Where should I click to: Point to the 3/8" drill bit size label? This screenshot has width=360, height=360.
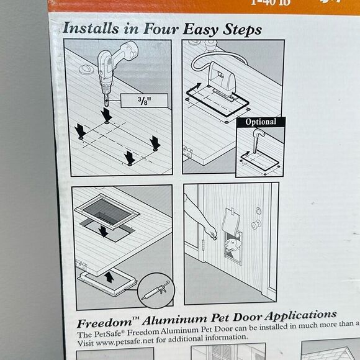point(144,99)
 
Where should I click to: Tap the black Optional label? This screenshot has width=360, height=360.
point(260,122)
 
